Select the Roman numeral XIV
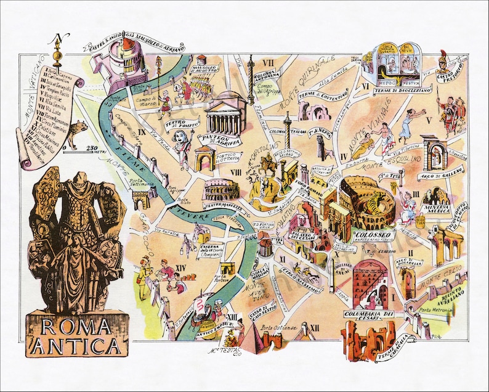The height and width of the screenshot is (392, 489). pyautogui.click(x=181, y=267)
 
